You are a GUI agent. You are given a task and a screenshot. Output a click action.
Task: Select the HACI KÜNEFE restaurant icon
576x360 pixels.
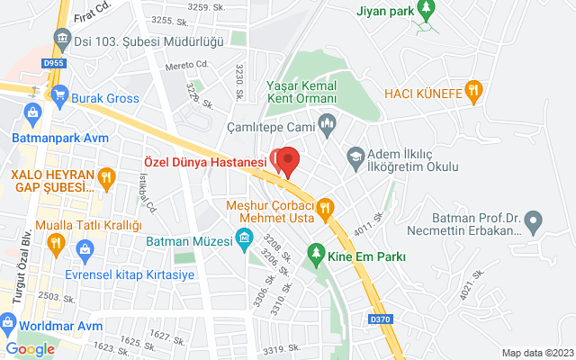tap(475, 91)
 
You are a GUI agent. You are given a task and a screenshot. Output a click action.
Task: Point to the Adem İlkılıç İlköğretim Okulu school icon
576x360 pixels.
tap(355, 157)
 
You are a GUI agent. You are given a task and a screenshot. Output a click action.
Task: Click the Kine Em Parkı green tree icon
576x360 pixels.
tap(315, 252)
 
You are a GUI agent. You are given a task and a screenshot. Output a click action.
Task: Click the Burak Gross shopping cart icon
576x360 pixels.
tap(60, 92)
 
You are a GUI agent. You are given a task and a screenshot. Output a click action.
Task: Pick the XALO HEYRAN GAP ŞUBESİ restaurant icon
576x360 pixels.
tap(106, 178)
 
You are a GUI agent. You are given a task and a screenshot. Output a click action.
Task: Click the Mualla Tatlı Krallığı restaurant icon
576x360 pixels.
tap(56, 242)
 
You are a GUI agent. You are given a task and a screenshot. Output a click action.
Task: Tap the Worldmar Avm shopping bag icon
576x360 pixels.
tap(7, 322)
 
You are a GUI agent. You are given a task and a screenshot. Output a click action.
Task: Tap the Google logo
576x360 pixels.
tap(30, 349)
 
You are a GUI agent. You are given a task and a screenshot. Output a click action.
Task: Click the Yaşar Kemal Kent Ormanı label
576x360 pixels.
tap(301, 91)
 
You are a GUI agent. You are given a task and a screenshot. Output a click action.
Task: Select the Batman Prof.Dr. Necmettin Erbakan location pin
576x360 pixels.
tap(535, 220)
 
